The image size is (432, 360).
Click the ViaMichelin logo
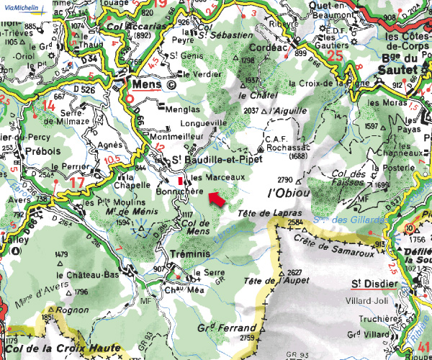click(22, 6)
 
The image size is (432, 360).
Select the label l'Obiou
click(288, 193)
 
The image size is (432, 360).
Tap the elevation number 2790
click(286, 179)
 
